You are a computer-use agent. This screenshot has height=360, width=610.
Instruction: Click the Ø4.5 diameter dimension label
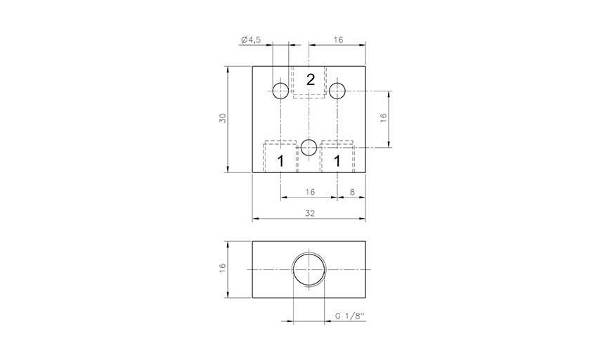tap(251, 39)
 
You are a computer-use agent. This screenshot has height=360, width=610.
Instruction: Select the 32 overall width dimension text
tap(310, 213)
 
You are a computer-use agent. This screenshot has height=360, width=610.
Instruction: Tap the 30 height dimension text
tap(222, 118)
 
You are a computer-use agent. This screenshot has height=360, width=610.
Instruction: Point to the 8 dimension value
tap(352, 192)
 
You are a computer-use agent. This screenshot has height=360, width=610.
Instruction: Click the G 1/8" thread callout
tap(350, 316)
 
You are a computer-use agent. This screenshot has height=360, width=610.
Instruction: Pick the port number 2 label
tap(311, 79)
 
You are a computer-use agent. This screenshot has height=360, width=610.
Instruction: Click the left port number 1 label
tap(280, 161)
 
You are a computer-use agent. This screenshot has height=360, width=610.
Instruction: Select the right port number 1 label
tap(337, 161)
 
